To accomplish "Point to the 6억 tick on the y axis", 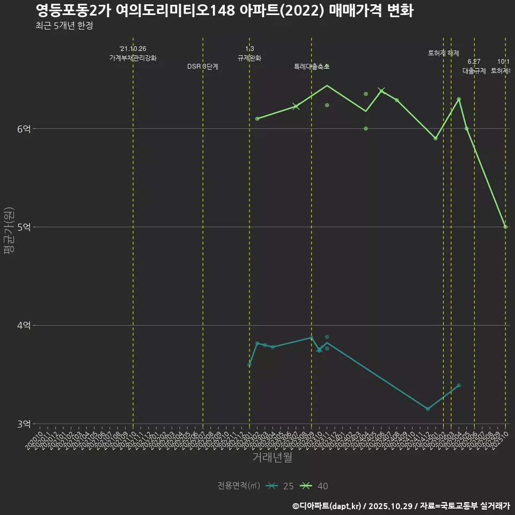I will tap(24, 129).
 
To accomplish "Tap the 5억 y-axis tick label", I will tap(24, 227).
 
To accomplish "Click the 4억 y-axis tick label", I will tap(24, 326).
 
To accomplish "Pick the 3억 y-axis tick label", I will tap(24, 424).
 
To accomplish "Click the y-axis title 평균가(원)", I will tap(8, 231).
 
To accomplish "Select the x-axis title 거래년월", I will tap(272, 458).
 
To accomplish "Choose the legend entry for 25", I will tap(281, 486).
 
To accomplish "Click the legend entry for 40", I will tap(315, 486).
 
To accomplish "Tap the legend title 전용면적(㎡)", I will tap(239, 486).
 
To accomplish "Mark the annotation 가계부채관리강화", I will tap(133, 58).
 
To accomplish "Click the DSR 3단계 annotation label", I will tap(202, 67).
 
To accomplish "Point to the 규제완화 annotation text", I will tap(249, 58).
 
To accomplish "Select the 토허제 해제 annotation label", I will tap(444, 53).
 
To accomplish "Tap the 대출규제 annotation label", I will tap(474, 71).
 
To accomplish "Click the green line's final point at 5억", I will tap(505, 227).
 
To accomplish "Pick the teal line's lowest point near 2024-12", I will tap(428, 409).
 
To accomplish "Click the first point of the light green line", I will tap(257, 119).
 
